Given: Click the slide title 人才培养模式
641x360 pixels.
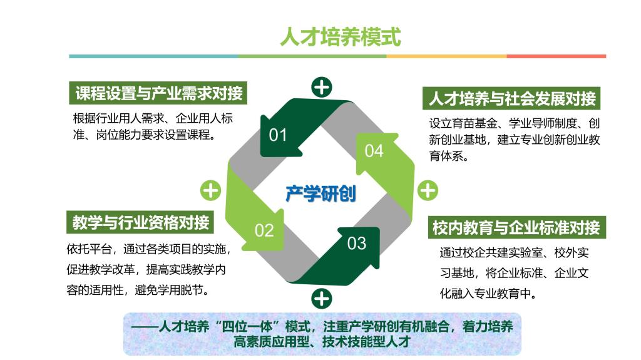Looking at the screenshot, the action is point(341,37).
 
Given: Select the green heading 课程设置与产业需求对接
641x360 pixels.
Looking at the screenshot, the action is point(158,93).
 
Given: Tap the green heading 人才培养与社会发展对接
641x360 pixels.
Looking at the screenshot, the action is point(512,98).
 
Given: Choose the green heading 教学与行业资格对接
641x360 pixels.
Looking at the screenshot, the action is point(140,222).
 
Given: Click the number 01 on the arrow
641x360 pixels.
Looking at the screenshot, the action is point(278,135).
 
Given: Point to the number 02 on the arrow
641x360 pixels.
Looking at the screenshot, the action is point(264,231).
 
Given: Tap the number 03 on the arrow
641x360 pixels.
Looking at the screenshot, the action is point(356,244).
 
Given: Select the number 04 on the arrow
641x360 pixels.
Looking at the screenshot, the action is point(374,151).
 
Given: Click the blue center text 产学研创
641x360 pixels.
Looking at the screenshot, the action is point(321,193).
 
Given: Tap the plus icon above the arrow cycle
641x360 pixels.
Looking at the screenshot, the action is point(322,87).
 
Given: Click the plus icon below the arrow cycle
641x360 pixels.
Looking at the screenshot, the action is point(322,299).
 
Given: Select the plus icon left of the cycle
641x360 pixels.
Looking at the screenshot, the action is point(210,190).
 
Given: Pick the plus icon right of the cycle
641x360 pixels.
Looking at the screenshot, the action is point(428,190).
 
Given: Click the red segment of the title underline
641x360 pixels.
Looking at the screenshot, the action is point(556,56).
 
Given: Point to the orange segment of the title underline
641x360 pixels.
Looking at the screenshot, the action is point(447,56).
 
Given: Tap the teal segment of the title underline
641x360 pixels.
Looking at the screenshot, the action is point(154,56).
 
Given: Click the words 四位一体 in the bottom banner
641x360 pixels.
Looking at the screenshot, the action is point(247,326).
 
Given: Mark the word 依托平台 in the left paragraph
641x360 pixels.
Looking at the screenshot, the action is point(89,249).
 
